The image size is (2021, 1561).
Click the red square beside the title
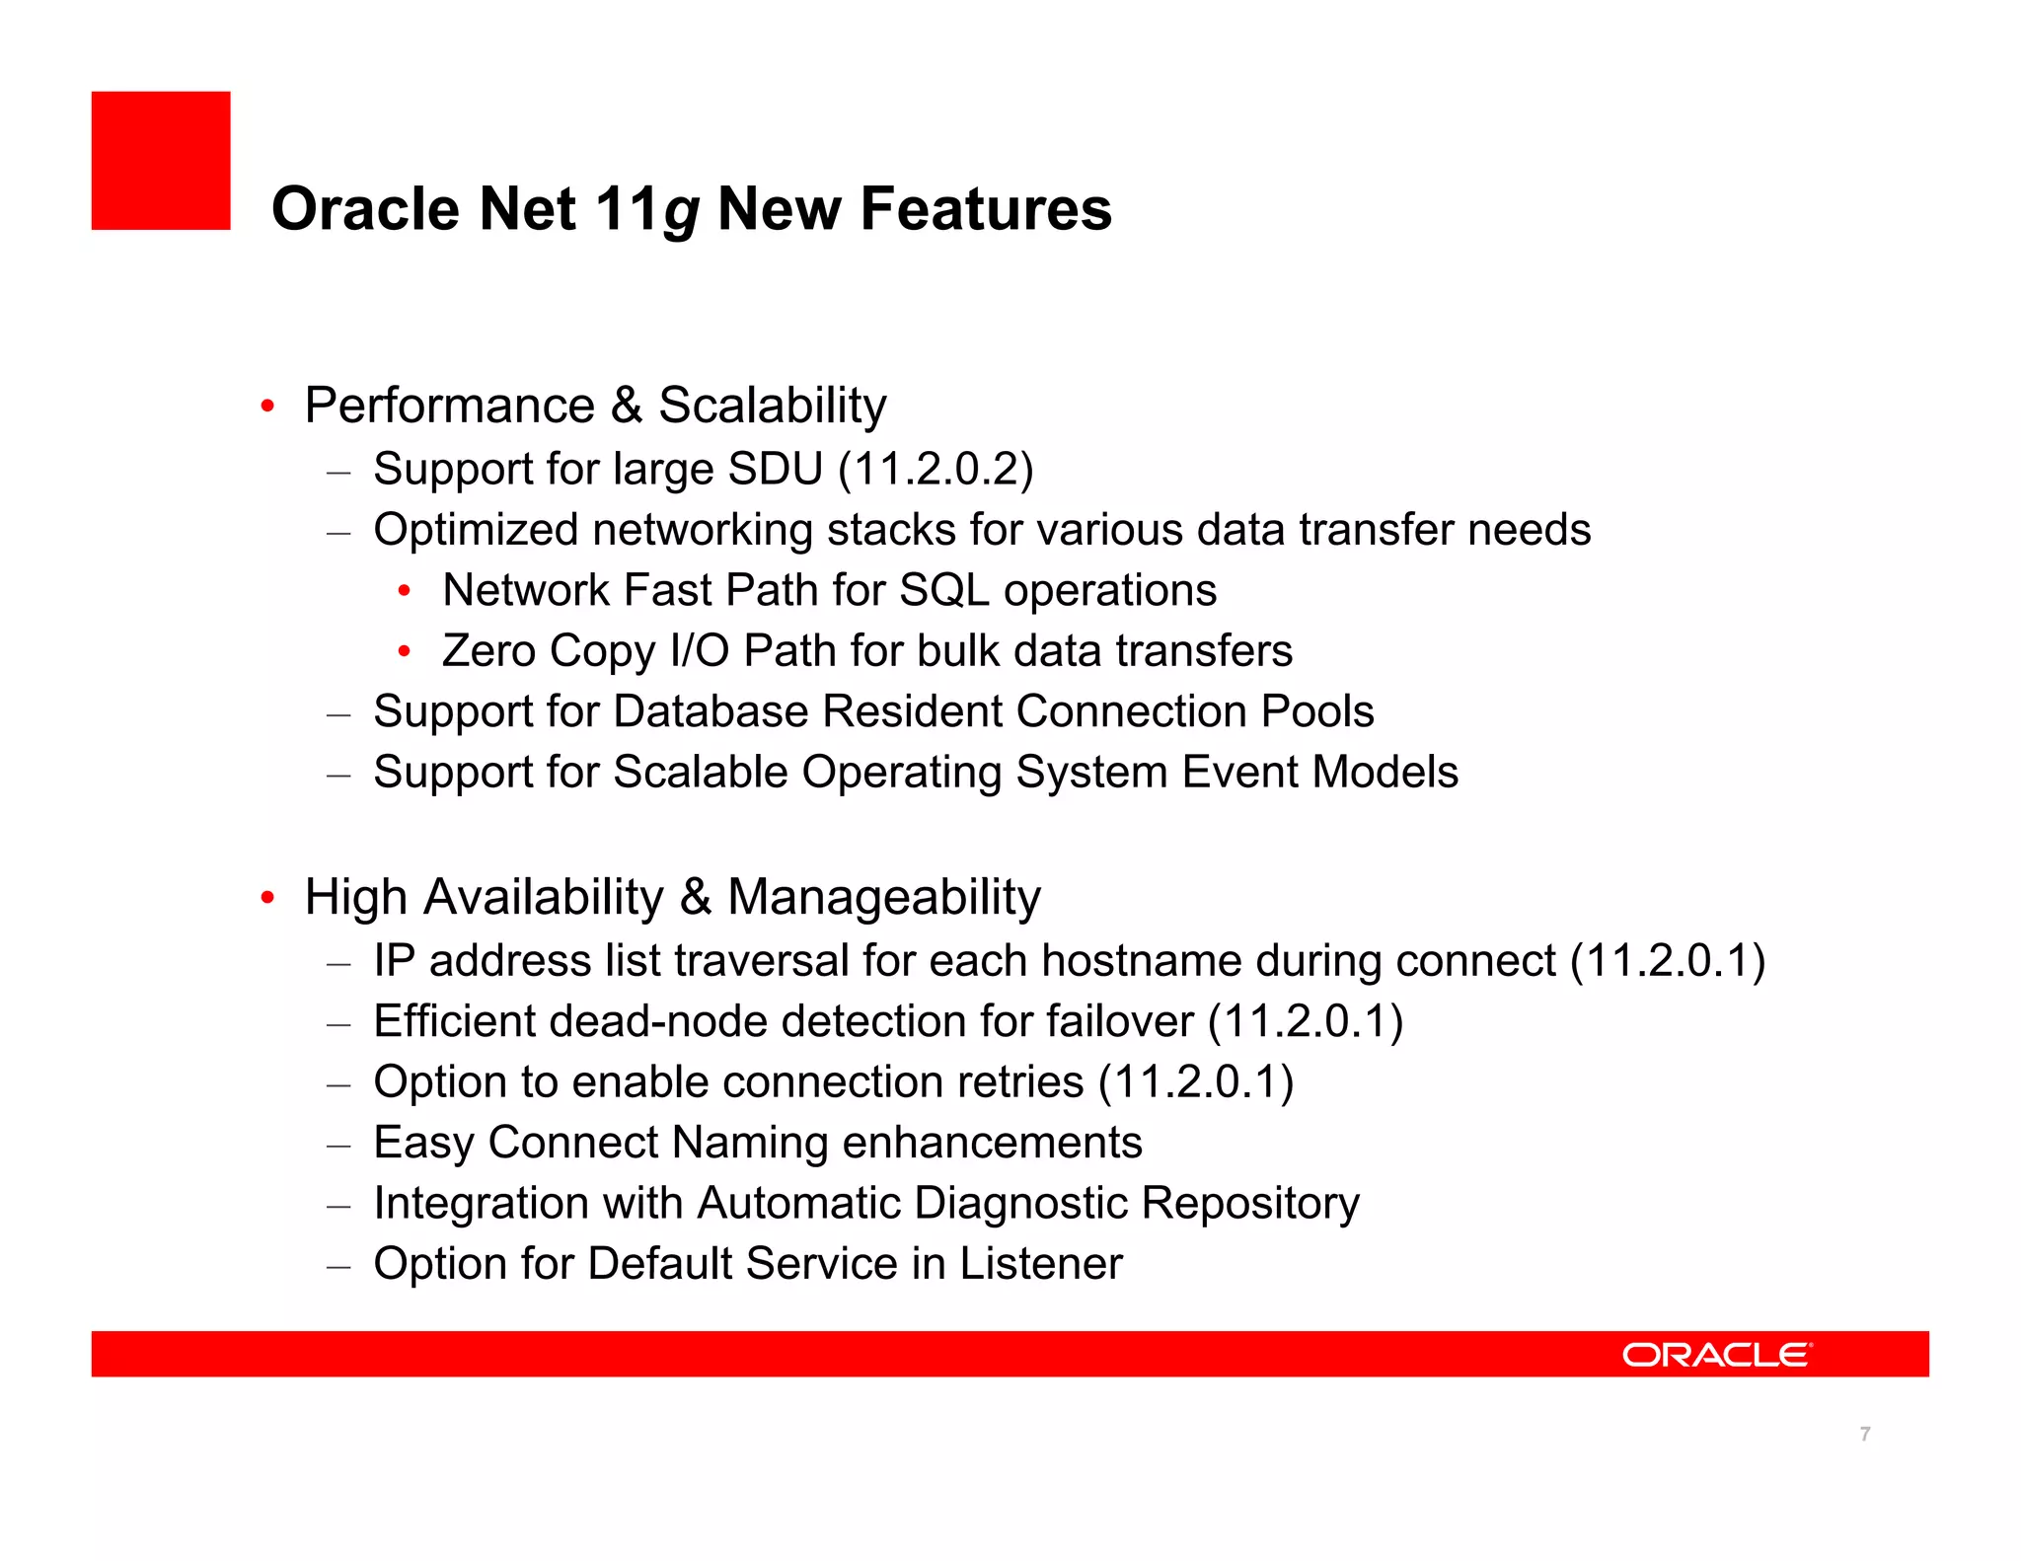161,161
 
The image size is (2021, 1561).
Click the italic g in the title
681,213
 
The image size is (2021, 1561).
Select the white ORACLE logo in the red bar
1716,1355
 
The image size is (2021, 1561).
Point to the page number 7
1864,1434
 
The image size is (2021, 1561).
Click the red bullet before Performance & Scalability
266,407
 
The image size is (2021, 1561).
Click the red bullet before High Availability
266,898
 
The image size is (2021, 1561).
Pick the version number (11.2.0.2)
936,470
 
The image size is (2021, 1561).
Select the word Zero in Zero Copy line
488,651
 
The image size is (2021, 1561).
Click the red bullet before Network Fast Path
404,591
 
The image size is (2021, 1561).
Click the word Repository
1250,1204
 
